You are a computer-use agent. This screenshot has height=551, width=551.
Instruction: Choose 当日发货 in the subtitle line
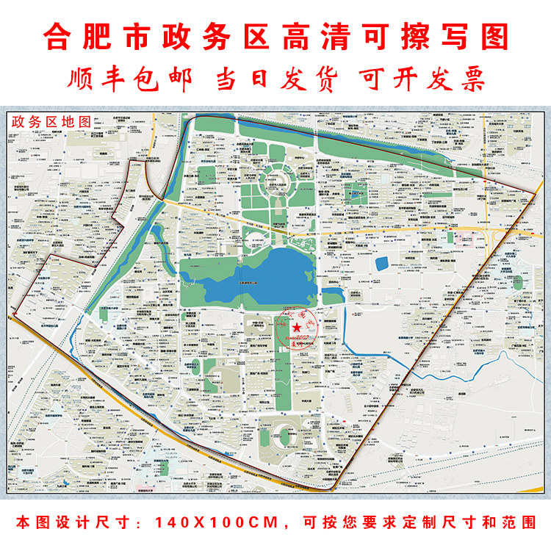tap(275, 79)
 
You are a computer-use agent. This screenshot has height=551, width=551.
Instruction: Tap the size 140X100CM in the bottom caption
tap(216, 523)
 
